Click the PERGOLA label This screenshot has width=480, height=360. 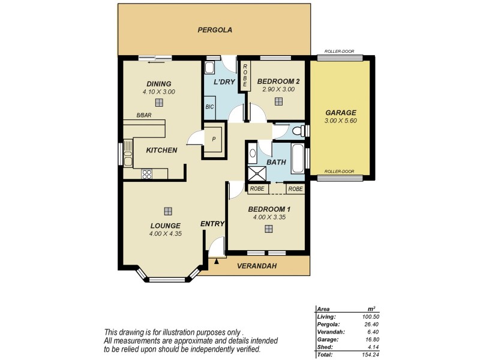(215, 29)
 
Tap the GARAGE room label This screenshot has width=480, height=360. (341, 112)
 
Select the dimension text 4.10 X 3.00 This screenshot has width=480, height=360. (158, 92)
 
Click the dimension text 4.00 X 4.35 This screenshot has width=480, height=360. (165, 233)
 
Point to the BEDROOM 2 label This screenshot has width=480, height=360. (278, 81)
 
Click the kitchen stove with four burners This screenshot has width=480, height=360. (147, 174)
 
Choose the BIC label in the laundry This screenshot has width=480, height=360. (209, 107)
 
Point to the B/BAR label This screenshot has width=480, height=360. (143, 115)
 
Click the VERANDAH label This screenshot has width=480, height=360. (257, 265)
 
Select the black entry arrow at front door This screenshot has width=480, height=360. (216, 260)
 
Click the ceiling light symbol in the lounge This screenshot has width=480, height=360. (167, 211)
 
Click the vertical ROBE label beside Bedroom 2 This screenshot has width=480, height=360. (245, 75)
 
